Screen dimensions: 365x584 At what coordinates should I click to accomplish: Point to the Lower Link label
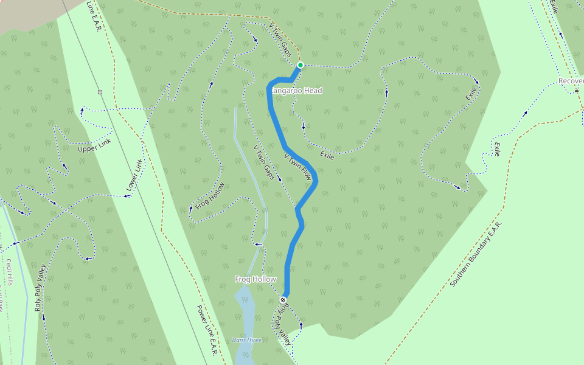(133, 178)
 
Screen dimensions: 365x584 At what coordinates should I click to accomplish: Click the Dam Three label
(247, 340)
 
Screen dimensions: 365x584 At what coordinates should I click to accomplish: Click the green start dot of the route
(300, 65)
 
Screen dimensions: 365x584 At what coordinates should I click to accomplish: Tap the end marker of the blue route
(283, 300)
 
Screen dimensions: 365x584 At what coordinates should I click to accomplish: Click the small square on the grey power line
(100, 92)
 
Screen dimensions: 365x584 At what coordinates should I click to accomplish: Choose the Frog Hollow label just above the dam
(255, 279)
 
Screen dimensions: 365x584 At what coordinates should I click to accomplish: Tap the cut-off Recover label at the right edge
(571, 81)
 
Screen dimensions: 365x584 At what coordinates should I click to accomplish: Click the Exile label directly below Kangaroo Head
(327, 156)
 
